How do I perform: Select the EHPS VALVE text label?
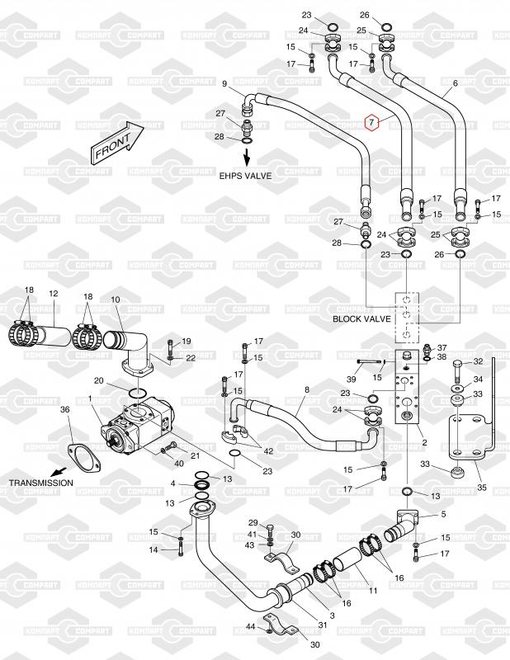245,177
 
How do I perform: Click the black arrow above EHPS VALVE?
245,157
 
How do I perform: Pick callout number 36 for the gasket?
65,409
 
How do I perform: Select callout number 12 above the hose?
53,294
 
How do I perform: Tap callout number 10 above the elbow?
115,299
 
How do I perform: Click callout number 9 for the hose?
224,83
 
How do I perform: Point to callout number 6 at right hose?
455,84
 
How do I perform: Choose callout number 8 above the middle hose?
307,389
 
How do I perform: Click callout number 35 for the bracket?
482,488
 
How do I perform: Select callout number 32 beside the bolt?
479,363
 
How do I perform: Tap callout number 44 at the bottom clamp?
249,629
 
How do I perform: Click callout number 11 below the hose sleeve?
372,591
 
